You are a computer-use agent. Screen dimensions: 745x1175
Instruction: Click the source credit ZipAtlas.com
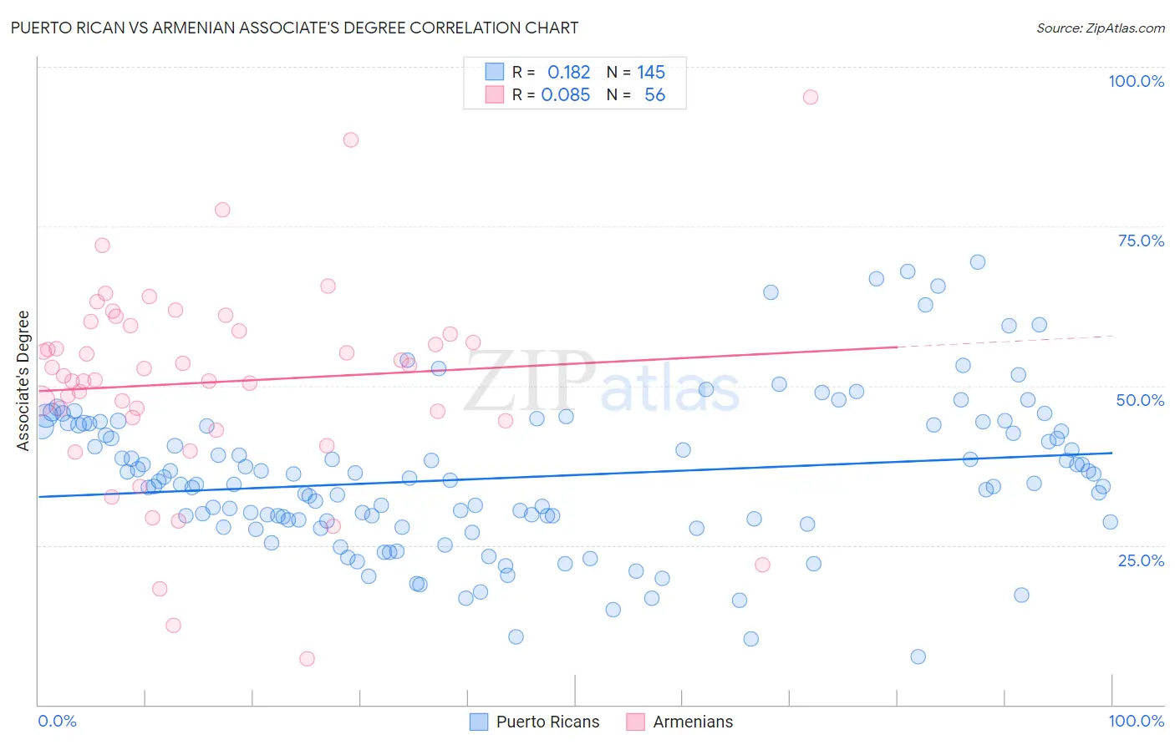[x=1100, y=28]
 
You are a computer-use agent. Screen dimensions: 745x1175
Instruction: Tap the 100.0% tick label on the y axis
[x=1136, y=81]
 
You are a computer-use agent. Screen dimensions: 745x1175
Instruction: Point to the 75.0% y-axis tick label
[x=1141, y=241]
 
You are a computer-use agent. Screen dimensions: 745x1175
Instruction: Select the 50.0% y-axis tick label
[x=1140, y=400]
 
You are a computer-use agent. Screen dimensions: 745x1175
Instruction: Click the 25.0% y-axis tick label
[x=1141, y=560]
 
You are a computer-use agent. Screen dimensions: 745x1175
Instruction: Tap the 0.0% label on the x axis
[x=57, y=721]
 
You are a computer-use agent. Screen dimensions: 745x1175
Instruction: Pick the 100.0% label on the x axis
[x=1136, y=721]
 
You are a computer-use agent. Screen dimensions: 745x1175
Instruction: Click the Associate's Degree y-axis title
[x=23, y=381]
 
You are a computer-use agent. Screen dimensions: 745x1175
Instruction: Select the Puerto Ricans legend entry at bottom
[x=535, y=722]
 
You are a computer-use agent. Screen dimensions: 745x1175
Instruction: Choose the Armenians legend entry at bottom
[x=680, y=722]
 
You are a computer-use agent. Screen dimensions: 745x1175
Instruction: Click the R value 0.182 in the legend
[x=568, y=73]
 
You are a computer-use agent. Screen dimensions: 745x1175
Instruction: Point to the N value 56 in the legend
[x=654, y=95]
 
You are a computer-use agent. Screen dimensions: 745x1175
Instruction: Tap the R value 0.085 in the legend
[x=566, y=95]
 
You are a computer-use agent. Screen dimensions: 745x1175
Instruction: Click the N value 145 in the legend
[x=651, y=73]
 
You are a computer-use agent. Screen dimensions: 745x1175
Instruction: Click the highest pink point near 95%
[x=810, y=97]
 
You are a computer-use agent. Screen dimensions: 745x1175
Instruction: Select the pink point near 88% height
[x=351, y=139]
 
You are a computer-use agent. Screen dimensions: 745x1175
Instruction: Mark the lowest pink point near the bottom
[x=307, y=659]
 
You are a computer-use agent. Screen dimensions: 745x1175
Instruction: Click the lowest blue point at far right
[x=918, y=656]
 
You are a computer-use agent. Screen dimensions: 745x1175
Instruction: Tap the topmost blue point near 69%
[x=977, y=262]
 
